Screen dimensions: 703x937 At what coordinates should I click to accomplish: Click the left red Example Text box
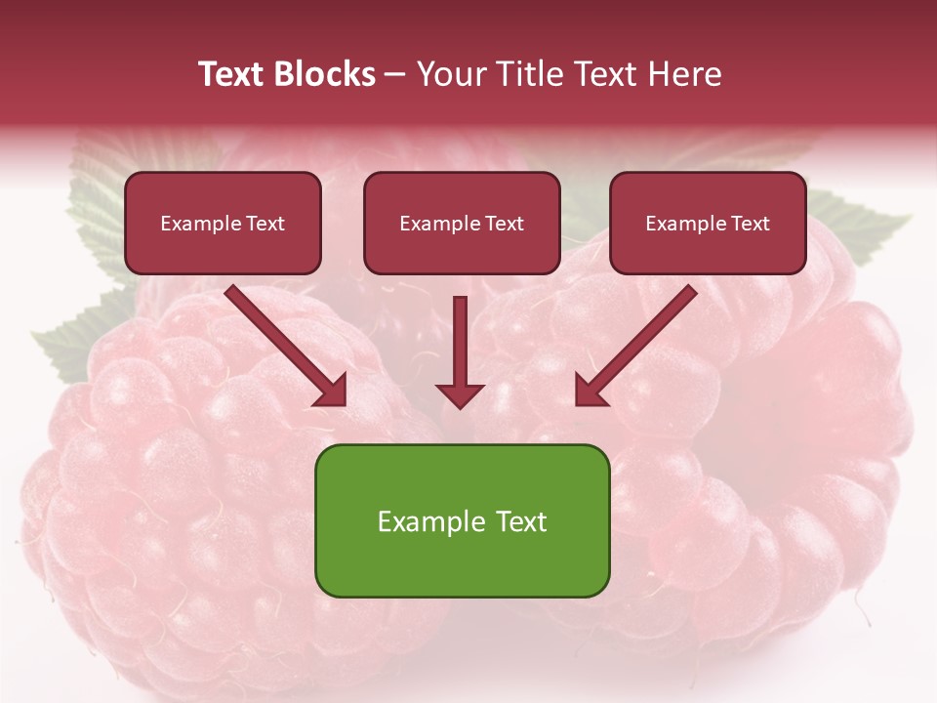point(223,223)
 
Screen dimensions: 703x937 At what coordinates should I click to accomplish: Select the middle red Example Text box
point(462,223)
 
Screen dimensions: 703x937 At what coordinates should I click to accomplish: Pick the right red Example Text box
point(708,223)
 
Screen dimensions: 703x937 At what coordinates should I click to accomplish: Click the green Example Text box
point(462,520)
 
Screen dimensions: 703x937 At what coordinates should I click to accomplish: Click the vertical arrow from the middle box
point(460,342)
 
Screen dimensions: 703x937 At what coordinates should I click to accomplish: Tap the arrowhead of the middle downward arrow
point(460,394)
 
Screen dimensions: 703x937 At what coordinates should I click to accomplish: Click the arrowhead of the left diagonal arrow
point(332,391)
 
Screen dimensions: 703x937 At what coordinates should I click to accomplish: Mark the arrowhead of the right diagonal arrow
point(590,391)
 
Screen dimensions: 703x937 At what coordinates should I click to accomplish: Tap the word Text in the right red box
point(750,224)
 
